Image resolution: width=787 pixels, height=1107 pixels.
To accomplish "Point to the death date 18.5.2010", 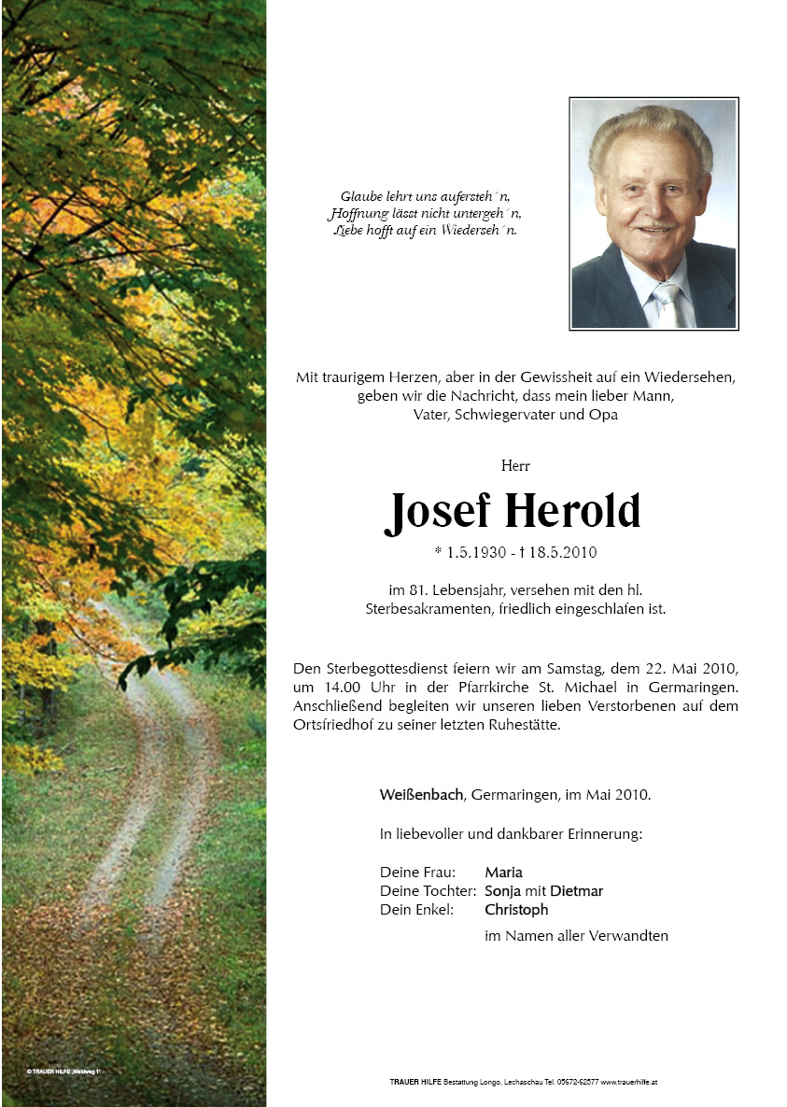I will point(565,553).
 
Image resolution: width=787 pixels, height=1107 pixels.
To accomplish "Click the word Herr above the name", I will point(514,465).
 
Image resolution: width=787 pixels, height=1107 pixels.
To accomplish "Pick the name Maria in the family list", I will point(503,873).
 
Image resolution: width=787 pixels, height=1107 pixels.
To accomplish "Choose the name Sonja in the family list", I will point(502,891).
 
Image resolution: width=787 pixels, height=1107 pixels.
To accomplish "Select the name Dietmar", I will point(576,891).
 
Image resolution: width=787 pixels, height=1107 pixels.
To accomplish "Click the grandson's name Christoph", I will point(516,910).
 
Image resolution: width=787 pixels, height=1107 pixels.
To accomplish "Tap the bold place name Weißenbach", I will point(421,795).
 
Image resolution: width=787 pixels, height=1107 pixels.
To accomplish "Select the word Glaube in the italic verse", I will point(360,197).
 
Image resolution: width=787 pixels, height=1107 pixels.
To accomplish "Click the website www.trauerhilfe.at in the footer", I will point(630,1082).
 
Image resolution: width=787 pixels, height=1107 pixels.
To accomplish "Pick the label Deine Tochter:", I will point(429,891).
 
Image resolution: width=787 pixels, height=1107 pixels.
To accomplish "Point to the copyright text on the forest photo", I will point(63,1071).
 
